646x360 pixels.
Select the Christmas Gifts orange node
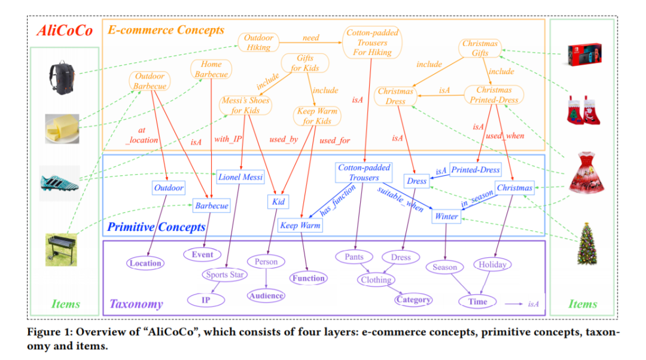480,48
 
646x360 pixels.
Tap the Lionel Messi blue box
240,176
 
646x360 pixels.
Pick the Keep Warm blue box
300,225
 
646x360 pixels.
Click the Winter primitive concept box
446,216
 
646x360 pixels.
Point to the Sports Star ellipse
224,274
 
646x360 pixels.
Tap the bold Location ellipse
145,263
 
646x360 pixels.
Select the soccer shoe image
59,182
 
